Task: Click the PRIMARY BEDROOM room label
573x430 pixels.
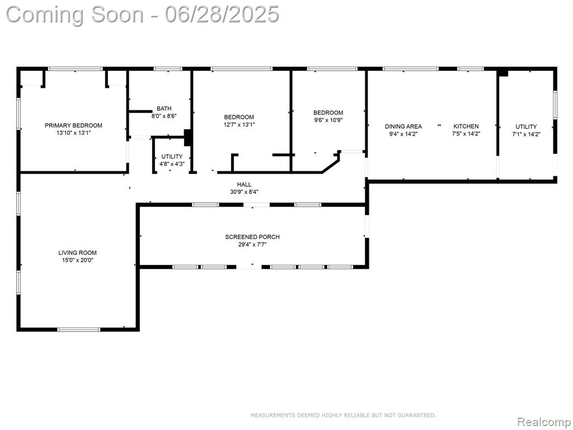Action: coord(73,125)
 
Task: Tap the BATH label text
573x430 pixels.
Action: coord(164,109)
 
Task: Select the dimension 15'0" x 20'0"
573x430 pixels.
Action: coord(78,260)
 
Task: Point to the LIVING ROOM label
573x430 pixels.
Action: coord(77,253)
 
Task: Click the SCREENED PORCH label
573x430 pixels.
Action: coord(252,237)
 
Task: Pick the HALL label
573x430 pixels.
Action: coord(244,185)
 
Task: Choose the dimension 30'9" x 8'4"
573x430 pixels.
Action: coord(244,192)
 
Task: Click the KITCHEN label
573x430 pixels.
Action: coord(466,127)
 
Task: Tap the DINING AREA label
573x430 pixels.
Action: coord(403,127)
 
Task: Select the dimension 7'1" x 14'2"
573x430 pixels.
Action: coord(526,134)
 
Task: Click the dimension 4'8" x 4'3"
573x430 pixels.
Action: coord(172,164)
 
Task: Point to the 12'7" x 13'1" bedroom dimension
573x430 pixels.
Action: coord(239,125)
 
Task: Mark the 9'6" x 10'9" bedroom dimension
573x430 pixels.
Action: coord(328,120)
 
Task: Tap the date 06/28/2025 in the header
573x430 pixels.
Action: coord(222,15)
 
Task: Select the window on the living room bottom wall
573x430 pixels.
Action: coord(78,329)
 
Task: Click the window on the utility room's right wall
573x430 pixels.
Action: coord(555,105)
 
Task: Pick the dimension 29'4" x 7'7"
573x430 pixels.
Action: coord(252,245)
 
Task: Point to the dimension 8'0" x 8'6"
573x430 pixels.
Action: coord(164,116)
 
